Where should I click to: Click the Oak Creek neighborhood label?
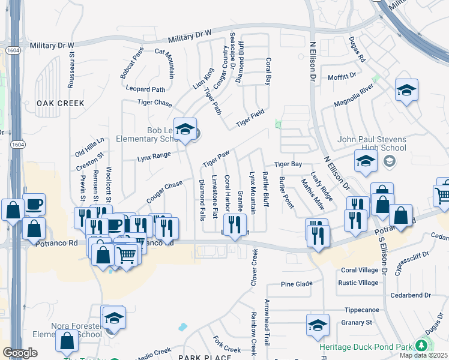pyautogui.click(x=61, y=103)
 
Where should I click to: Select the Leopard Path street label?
pyautogui.click(x=145, y=89)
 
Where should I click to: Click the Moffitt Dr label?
pyautogui.click(x=342, y=77)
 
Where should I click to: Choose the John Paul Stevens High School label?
pyautogui.click(x=372, y=143)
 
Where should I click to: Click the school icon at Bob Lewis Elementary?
pyautogui.click(x=185, y=130)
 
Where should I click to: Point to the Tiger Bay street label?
pyautogui.click(x=288, y=164)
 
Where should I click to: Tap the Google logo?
pyautogui.click(x=20, y=352)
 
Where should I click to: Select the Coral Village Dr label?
pyautogui.click(x=363, y=270)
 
